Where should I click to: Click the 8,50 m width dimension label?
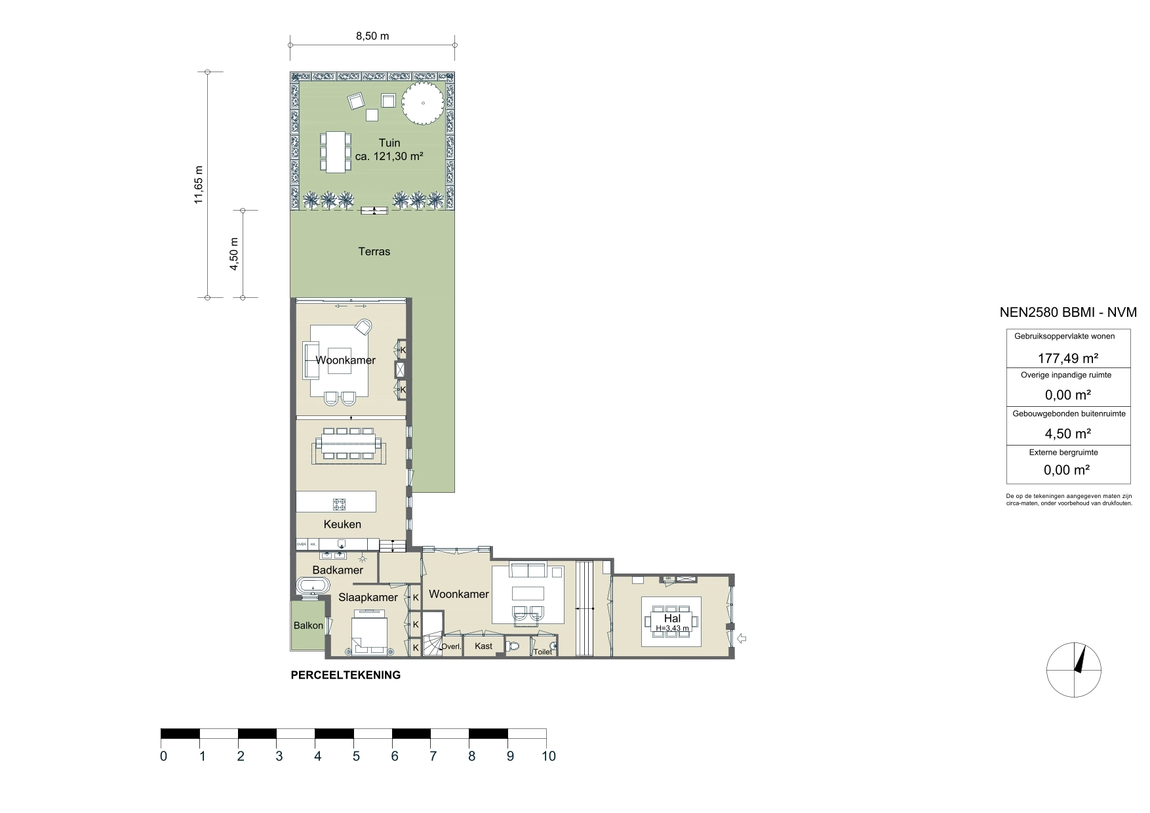(372, 36)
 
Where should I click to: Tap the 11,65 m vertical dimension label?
(199, 185)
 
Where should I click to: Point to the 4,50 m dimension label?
(234, 253)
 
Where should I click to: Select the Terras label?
(374, 251)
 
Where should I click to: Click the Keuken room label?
(342, 524)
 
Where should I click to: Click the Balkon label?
(308, 625)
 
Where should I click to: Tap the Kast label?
(484, 646)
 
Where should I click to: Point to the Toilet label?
(542, 652)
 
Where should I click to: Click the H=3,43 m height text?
(672, 629)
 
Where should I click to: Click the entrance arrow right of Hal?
(743, 638)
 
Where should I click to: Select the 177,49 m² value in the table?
(1067, 358)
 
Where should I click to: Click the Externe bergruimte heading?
(1067, 452)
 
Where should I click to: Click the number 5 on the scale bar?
(355, 756)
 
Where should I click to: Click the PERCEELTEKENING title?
(346, 675)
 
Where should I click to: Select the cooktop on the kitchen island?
(339, 504)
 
